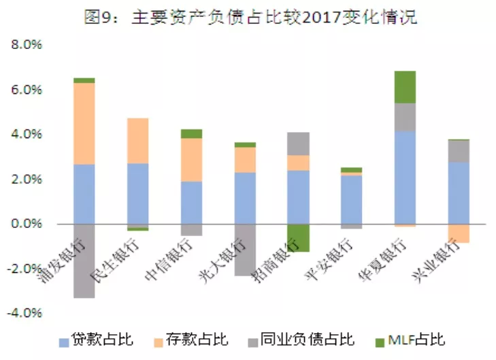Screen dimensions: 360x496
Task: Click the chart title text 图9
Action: (x=96, y=16)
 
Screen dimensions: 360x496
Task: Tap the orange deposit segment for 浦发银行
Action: (x=84, y=123)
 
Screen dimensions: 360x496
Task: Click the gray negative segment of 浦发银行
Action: (x=84, y=261)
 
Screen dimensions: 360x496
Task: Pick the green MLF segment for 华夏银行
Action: (x=405, y=86)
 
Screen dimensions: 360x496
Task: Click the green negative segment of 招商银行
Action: (x=298, y=238)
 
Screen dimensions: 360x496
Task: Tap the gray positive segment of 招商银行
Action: (x=298, y=144)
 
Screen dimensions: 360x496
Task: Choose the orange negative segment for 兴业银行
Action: (x=459, y=233)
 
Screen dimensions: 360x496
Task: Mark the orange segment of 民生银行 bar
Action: (x=138, y=140)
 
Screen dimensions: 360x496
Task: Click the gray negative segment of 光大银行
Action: (x=245, y=250)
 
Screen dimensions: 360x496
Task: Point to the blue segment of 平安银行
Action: (x=351, y=199)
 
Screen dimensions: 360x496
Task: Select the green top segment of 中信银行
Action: (x=191, y=133)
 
